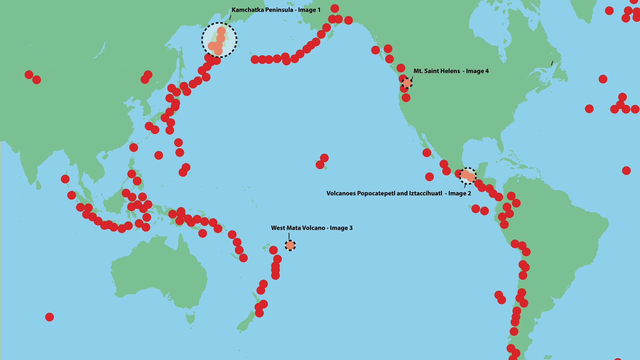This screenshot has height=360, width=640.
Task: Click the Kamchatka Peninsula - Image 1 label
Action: pos(276,10)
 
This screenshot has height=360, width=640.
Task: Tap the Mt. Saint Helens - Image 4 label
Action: pos(451,71)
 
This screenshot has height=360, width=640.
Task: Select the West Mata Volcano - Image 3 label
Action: pos(311,228)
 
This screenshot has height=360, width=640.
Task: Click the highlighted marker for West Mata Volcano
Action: pos(290,245)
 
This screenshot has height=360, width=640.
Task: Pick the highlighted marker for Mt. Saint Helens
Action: pos(407,83)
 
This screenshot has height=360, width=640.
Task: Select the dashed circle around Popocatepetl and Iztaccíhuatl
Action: pos(468,176)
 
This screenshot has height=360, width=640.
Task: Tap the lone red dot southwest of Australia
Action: pos(50,317)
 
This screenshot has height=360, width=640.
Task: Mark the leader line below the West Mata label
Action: pos(289,236)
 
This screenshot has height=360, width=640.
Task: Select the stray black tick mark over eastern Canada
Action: pos(552,63)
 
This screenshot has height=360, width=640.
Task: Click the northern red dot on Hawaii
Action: pos(324,158)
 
